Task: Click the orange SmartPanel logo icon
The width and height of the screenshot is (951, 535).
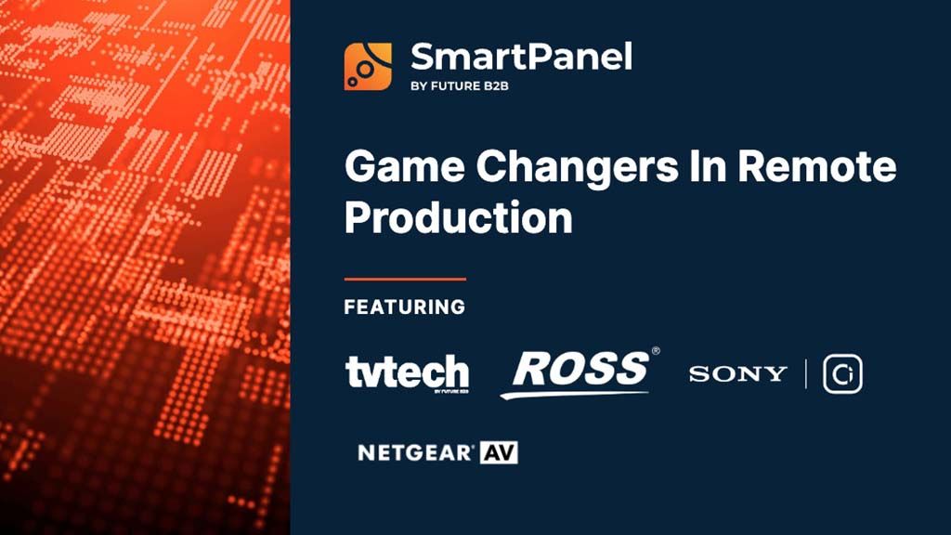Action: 368,66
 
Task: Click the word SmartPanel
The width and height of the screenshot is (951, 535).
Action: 521,57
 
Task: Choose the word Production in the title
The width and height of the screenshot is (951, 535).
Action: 458,219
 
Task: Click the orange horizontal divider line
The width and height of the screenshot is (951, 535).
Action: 405,278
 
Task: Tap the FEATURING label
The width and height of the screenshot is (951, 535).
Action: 405,307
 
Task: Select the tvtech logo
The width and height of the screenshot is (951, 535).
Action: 407,372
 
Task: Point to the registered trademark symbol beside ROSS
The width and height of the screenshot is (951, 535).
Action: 656,351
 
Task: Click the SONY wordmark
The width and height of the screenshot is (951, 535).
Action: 737,373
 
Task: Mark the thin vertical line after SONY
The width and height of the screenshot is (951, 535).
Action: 805,373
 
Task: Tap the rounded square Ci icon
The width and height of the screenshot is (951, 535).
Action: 842,373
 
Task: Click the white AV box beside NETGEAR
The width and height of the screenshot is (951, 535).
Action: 499,453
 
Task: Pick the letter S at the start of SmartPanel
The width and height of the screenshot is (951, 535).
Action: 423,57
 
